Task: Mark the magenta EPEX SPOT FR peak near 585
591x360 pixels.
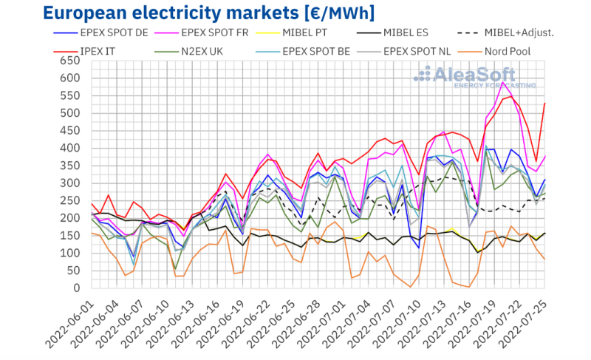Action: (503, 83)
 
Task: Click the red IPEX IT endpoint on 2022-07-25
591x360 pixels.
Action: (545, 103)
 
